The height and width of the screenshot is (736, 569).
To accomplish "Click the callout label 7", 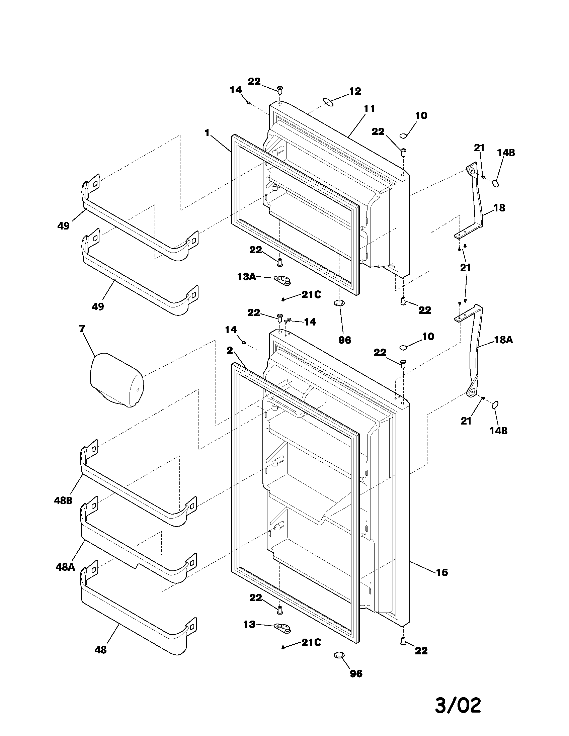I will (x=83, y=329).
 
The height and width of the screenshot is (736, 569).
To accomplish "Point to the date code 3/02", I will (x=458, y=705).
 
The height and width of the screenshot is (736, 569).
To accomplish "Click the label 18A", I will (x=504, y=340).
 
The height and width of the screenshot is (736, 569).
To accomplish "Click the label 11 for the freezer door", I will (x=369, y=109).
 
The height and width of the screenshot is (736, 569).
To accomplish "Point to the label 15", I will (x=442, y=572).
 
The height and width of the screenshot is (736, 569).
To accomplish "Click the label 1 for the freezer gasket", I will (x=207, y=133).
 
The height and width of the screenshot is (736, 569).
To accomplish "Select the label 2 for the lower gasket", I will (x=230, y=351).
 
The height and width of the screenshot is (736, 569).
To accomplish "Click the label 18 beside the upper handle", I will (x=499, y=208).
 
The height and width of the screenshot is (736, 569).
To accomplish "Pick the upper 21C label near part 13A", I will (x=311, y=295).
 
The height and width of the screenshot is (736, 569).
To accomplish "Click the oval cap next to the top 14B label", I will (x=496, y=183).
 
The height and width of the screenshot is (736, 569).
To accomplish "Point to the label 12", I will (x=355, y=91).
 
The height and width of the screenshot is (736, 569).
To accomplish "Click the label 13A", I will (x=246, y=277).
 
